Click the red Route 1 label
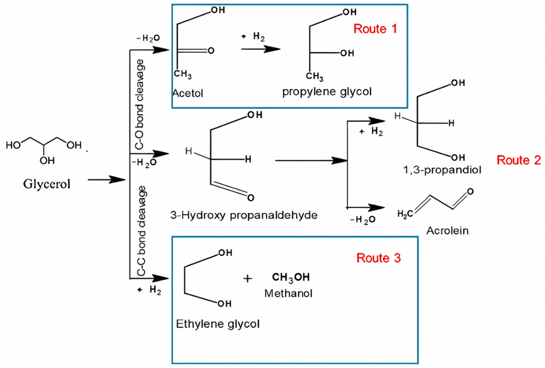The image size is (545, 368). [x=375, y=29]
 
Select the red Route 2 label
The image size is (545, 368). [x=519, y=160]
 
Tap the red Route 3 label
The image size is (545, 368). [x=378, y=258]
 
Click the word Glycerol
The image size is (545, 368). [x=47, y=184]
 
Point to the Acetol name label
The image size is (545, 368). [x=188, y=93]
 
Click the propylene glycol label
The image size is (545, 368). [x=327, y=92]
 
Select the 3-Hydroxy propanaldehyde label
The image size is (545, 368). [x=244, y=215]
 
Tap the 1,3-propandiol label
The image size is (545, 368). [x=442, y=170]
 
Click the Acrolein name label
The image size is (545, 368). [x=447, y=231]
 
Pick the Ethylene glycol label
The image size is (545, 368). [x=218, y=324]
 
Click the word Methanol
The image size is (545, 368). [x=288, y=294]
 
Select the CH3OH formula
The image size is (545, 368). [x=291, y=277]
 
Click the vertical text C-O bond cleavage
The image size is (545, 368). [x=140, y=104]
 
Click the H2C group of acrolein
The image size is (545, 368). [x=405, y=214]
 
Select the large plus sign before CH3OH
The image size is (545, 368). [x=247, y=279]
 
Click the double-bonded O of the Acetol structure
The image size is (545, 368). [x=211, y=51]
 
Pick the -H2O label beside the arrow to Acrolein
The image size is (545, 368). [x=363, y=220]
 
